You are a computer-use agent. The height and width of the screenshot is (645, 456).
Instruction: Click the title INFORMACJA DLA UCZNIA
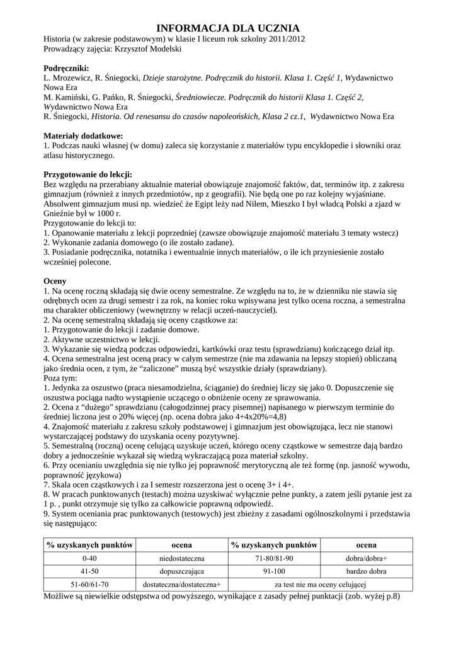coord(227,28)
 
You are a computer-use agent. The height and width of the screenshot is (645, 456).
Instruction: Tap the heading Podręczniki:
coord(66,68)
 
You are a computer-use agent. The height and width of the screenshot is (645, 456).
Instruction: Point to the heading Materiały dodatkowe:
coord(83,135)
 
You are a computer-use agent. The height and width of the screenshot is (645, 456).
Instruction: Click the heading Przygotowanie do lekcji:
coord(88,174)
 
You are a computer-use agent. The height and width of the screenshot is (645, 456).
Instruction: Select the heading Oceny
coord(55,281)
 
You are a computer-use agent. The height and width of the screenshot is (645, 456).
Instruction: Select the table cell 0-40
coord(90,558)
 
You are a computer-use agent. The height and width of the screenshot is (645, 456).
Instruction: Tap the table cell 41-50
coord(90,571)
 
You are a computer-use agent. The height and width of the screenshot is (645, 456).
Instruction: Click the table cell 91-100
coord(274,571)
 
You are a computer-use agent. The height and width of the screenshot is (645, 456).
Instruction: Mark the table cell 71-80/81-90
coord(274,558)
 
